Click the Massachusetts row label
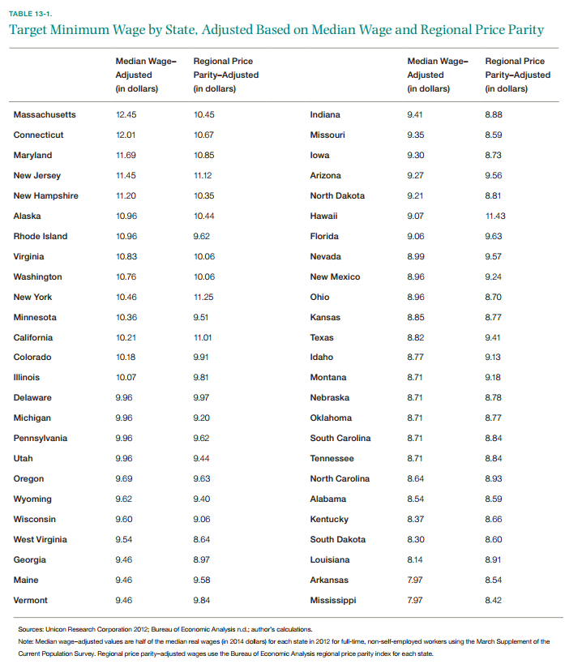click(45, 115)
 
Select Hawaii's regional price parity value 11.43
click(495, 216)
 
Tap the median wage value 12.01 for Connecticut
click(126, 135)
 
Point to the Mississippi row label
click(333, 601)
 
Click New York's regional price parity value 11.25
click(203, 298)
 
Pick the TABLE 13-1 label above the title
click(30, 14)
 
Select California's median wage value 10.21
click(126, 338)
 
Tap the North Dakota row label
click(337, 196)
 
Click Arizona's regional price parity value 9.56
click(494, 176)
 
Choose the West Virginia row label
click(41, 539)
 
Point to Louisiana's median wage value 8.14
click(415, 560)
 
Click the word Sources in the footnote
click(31, 629)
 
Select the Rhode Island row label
click(41, 236)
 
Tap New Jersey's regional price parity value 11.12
click(203, 176)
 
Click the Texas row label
click(322, 338)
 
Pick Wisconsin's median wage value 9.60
click(124, 519)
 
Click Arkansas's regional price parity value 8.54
click(494, 580)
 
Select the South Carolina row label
click(340, 439)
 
